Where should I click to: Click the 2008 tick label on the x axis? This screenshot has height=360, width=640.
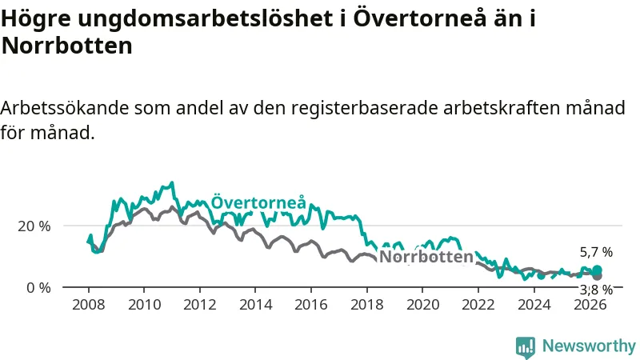pyautogui.click(x=88, y=305)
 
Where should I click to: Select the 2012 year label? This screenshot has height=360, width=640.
pyautogui.click(x=199, y=305)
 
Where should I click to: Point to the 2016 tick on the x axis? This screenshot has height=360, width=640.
pyautogui.click(x=311, y=305)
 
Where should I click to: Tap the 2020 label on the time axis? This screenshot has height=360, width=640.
pyautogui.click(x=422, y=305)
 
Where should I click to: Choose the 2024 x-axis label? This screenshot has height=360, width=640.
pyautogui.click(x=534, y=305)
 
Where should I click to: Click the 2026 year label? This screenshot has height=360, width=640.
pyautogui.click(x=590, y=305)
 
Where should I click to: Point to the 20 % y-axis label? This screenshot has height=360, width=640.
pyautogui.click(x=34, y=226)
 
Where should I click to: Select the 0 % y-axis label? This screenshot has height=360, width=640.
pyautogui.click(x=38, y=288)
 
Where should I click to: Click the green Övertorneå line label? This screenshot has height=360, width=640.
pyautogui.click(x=258, y=202)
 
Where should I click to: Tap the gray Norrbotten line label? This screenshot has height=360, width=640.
pyautogui.click(x=426, y=257)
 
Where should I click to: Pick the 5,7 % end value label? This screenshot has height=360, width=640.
pyautogui.click(x=596, y=252)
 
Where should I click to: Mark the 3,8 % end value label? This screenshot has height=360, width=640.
pyautogui.click(x=596, y=290)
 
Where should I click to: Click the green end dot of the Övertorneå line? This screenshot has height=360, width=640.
pyautogui.click(x=597, y=270)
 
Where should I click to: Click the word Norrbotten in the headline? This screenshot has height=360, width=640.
pyautogui.click(x=67, y=46)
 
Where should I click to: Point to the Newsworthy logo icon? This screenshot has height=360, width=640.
pyautogui.click(x=526, y=347)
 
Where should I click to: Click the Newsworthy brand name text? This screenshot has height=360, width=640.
pyautogui.click(x=589, y=346)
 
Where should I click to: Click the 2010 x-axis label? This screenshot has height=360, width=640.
pyautogui.click(x=144, y=305)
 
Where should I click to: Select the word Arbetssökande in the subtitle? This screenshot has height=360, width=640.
pyautogui.click(x=65, y=108)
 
